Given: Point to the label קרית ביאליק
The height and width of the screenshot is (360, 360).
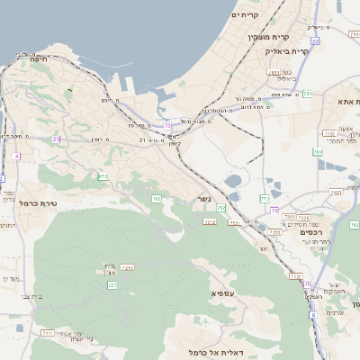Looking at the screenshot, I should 287,51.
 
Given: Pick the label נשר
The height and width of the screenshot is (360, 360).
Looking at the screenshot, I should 204,199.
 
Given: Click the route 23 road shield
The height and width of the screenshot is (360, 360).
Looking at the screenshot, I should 57,139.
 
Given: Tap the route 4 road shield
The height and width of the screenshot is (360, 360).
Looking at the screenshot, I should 16,156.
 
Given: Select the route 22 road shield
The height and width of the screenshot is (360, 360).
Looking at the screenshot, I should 315,41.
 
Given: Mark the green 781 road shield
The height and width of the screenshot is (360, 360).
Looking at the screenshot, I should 307,93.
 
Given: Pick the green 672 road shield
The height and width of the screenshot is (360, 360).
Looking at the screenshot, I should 103,176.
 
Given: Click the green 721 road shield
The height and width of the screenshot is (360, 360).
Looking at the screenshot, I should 112,285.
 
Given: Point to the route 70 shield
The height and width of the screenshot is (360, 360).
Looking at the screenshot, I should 274,210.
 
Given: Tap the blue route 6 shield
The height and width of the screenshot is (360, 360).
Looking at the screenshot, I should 313,315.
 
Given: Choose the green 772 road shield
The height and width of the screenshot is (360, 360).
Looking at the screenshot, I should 265,198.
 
